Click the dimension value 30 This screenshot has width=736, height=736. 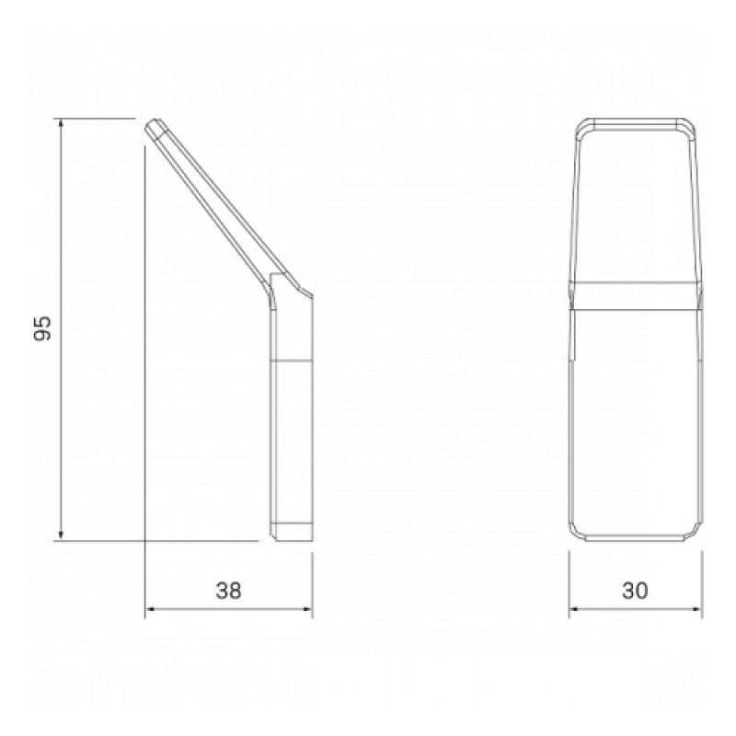coord(634,592)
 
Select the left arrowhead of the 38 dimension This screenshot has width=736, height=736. coord(152,609)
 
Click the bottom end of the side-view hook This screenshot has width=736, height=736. coord(292,536)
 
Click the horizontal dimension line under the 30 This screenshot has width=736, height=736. coord(634,609)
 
